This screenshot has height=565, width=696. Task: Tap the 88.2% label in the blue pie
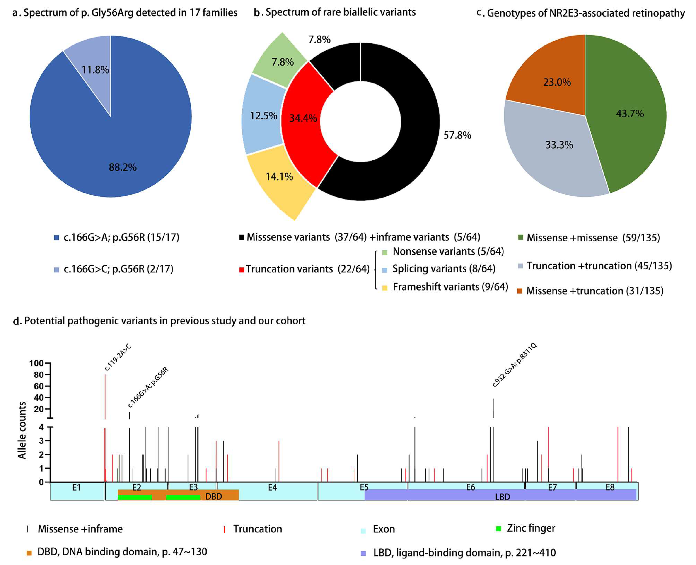point(123,167)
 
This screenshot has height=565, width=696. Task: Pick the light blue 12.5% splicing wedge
point(263,116)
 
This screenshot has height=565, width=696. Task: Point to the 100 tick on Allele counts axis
point(36,363)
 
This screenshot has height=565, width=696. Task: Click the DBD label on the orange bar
point(213,496)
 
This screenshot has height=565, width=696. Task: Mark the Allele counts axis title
point(22,430)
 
